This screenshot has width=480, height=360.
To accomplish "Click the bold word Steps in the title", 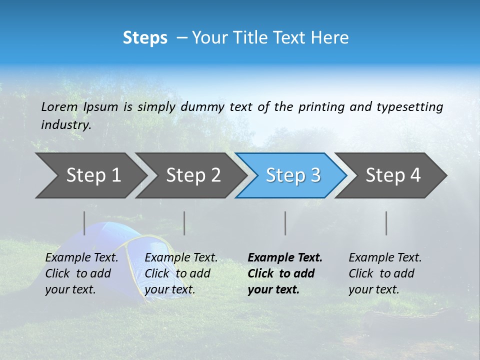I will tap(145, 37).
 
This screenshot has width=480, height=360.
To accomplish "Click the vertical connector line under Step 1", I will tap(84, 223).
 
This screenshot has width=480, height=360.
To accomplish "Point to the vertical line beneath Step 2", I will tap(184, 223).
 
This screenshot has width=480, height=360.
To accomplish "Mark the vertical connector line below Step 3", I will tap(285, 223).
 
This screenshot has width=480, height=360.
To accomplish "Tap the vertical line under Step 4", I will tap(386, 223).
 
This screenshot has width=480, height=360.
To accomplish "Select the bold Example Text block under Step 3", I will tap(284, 273).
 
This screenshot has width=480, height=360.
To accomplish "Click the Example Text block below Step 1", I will tap(81, 273).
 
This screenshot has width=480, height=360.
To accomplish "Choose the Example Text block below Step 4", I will tap(385, 273).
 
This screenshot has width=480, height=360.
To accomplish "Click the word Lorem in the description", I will tap(59, 106).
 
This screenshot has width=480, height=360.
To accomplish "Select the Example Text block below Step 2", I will tap(181, 273).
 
